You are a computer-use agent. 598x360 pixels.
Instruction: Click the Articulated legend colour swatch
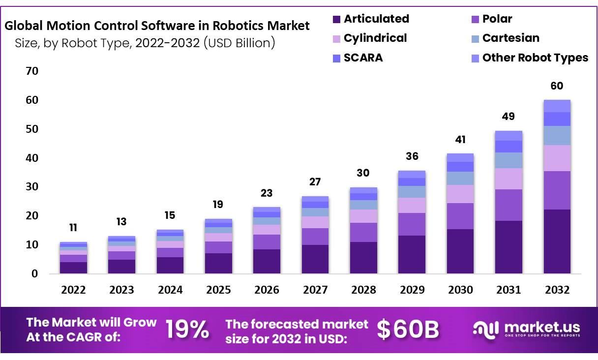[336, 20]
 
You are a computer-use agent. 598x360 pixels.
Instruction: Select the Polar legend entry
[497, 19]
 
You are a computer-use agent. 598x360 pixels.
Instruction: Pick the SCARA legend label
[363, 58]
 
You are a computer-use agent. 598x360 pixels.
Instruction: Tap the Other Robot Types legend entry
[535, 58]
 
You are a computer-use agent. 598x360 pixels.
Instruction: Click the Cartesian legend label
[510, 38]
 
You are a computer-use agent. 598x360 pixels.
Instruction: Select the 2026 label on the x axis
[267, 290]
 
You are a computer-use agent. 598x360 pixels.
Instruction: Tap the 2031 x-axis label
[508, 290]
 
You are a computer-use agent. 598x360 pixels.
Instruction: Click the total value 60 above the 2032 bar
[557, 86]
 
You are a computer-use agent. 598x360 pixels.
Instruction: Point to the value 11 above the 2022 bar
[73, 228]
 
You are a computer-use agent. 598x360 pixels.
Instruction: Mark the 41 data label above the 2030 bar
[460, 140]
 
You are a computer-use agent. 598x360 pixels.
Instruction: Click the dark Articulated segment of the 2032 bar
[557, 241]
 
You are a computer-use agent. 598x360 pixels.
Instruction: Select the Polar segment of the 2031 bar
[508, 205]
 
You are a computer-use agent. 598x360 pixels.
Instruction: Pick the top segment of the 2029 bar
[412, 174]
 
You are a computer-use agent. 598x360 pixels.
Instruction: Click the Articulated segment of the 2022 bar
[73, 268]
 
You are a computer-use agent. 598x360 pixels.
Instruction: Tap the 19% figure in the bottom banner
[187, 330]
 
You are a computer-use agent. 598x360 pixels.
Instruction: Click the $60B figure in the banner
[408, 330]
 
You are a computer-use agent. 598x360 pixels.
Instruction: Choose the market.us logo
[526, 329]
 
